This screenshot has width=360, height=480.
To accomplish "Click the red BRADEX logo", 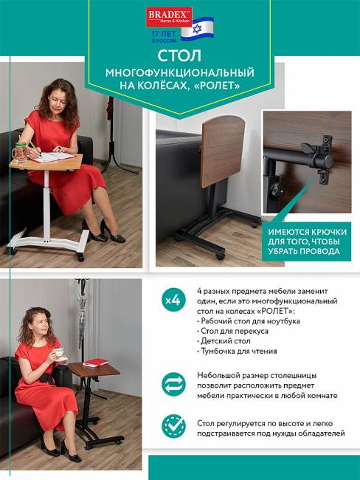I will tap(169, 16).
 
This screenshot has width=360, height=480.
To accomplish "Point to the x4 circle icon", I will tap(173, 301).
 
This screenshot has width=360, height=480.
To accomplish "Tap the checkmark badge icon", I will tap(173, 428).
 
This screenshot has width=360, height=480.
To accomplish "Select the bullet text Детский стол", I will tap(226, 341).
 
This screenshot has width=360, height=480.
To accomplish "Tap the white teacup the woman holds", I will tap(58, 353).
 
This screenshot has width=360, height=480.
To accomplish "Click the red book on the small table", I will tap(95, 362).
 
